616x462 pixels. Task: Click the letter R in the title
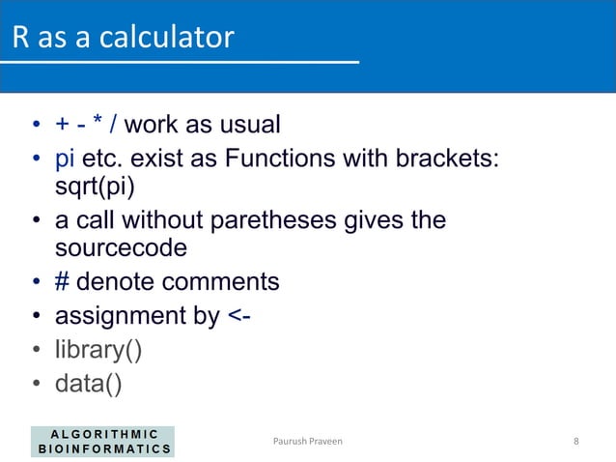tap(20, 38)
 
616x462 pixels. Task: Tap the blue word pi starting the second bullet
tap(67, 157)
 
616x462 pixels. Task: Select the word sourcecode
tap(120, 247)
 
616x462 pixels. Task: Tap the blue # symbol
tap(62, 282)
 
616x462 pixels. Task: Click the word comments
tap(223, 282)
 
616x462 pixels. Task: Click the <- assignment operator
tap(239, 315)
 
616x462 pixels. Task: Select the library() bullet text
tap(99, 349)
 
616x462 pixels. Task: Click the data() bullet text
tap(88, 384)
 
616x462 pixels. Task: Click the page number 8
tap(576, 441)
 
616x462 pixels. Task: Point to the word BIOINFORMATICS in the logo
tap(106, 448)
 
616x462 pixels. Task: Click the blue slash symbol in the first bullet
tap(114, 125)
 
